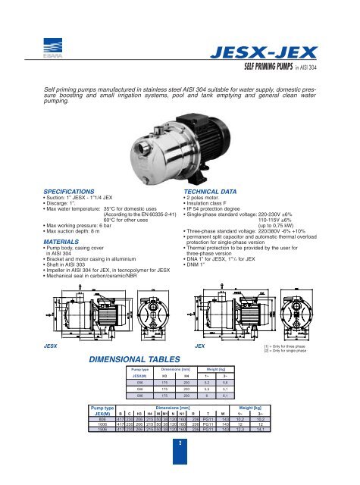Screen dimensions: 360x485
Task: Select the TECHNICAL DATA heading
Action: pyautogui.click(x=212, y=194)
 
